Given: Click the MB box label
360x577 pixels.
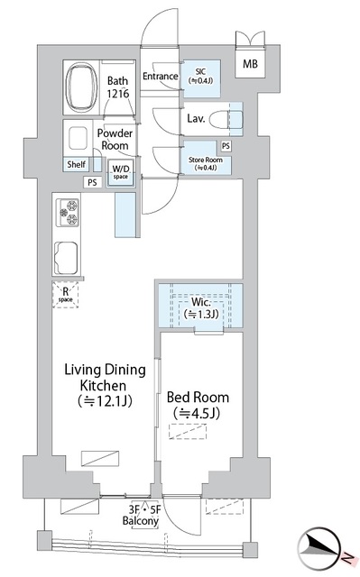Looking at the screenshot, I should click(x=248, y=63).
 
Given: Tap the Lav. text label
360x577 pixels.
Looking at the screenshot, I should click(x=196, y=118).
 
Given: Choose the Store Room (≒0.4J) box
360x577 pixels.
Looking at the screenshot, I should click(x=205, y=162).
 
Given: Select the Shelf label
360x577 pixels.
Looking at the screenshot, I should click(x=76, y=164).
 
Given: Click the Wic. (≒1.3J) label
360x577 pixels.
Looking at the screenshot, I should click(x=203, y=308).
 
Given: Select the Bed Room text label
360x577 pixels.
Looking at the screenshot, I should click(x=198, y=406).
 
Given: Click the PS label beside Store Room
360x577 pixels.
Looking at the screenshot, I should click(x=226, y=146).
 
